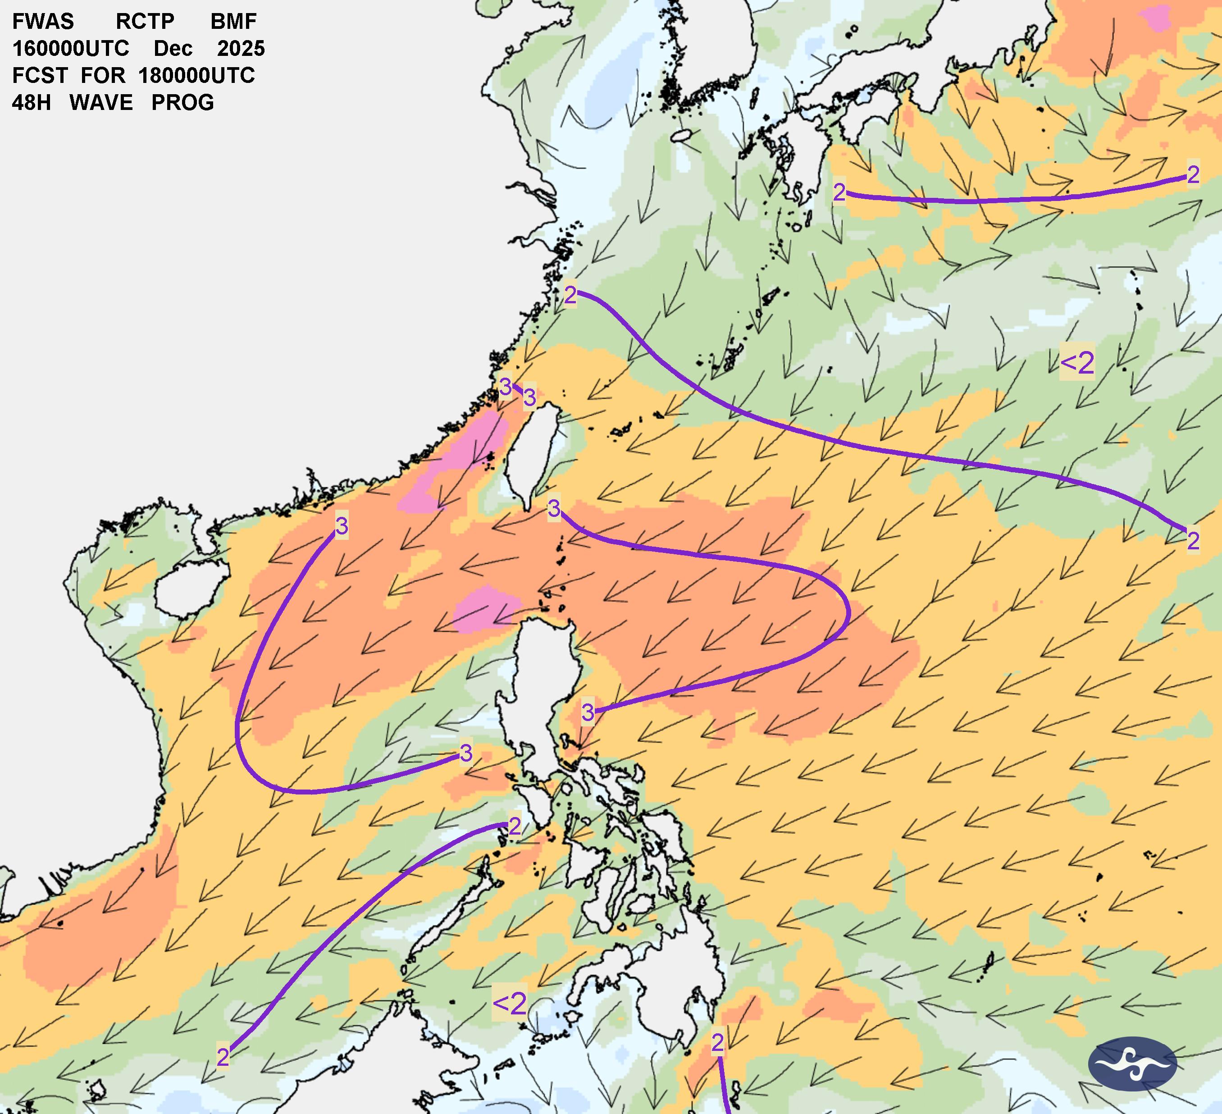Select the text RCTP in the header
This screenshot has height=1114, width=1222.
pos(145,22)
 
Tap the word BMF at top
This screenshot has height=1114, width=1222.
pos(233,22)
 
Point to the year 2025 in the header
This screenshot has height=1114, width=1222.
pos(241,49)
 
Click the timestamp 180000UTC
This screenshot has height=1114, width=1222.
pos(196,76)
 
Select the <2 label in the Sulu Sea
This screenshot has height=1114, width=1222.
pos(510,1004)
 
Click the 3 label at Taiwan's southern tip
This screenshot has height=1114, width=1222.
pos(553,508)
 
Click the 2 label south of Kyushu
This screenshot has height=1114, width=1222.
pos(839,193)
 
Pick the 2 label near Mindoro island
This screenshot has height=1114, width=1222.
pos(515,826)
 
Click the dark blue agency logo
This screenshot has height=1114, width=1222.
pos(1132,1064)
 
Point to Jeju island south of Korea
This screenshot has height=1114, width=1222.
pos(682,135)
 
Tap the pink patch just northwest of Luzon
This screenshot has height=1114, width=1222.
pos(486,608)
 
